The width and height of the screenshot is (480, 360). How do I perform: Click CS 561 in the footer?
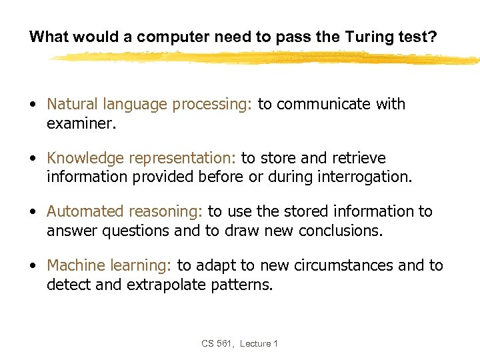217,343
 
